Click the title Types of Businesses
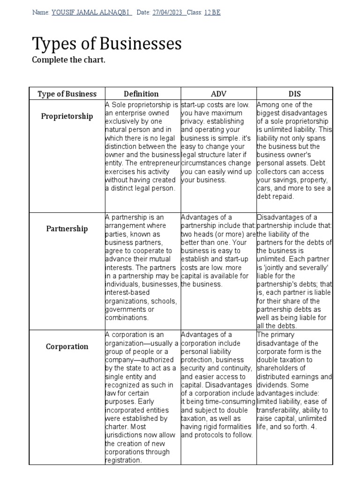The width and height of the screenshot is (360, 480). pyautogui.click(x=106, y=44)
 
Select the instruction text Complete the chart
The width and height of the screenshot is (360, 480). pyautogui.click(x=68, y=60)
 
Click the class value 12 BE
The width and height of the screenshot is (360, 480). pyautogui.click(x=212, y=13)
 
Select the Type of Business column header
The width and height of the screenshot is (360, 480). pyautogui.click(x=67, y=94)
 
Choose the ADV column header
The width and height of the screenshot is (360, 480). pyautogui.click(x=218, y=94)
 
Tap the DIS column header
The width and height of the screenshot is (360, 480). pyautogui.click(x=294, y=94)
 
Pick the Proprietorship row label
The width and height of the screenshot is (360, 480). pyautogui.click(x=67, y=116)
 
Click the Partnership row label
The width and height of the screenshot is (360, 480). pyautogui.click(x=67, y=229)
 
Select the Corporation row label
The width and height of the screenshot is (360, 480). pyautogui.click(x=67, y=346)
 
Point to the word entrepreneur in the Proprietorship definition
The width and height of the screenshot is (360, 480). pyautogui.click(x=159, y=163)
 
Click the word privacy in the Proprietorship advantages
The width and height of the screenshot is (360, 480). pyautogui.click(x=194, y=121)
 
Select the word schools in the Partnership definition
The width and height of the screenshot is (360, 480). pyautogui.click(x=165, y=301)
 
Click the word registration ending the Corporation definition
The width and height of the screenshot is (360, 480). pyautogui.click(x=123, y=460)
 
